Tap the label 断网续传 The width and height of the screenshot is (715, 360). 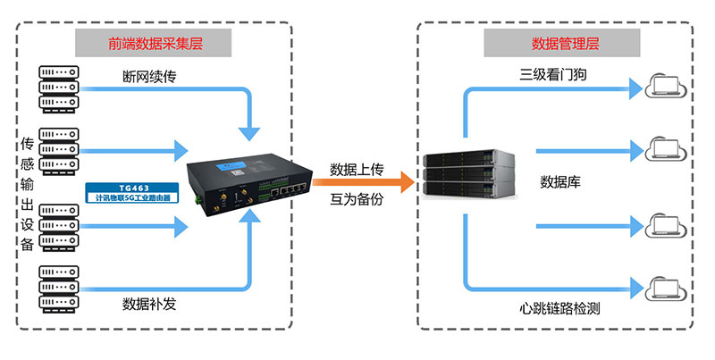point(149,76)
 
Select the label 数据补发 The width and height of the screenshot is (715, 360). point(149,304)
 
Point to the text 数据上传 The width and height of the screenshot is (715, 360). point(357,169)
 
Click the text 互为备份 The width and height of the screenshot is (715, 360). point(357,199)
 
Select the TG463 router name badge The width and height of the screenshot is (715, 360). point(133,192)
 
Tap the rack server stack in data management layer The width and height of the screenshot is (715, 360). point(470,175)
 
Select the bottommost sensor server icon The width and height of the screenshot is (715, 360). point(59,285)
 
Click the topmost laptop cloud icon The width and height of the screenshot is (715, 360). point(661,87)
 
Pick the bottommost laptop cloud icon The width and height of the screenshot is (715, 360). point(661,288)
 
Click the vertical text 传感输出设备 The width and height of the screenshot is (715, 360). point(28,193)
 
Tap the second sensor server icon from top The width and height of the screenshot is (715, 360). point(59,151)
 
